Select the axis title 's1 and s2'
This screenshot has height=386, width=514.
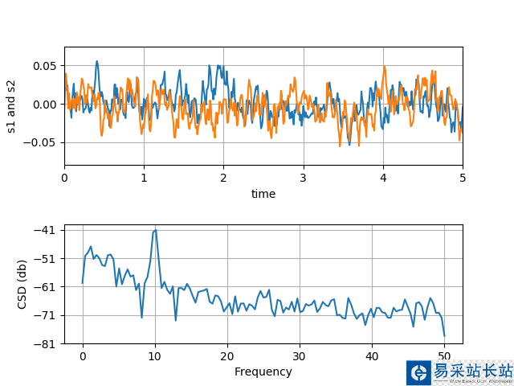click(x=11, y=106)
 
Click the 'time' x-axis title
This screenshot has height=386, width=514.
click(x=263, y=194)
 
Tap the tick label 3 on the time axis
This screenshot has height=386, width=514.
click(x=304, y=178)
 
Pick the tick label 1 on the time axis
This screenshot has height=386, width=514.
click(x=145, y=178)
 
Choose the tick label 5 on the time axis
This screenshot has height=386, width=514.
click(x=463, y=178)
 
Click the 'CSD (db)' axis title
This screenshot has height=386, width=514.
click(x=22, y=286)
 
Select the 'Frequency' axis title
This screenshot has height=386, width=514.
click(x=263, y=372)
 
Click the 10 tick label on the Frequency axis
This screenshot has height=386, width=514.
click(x=155, y=355)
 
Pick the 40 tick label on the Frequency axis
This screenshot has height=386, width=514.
click(x=372, y=355)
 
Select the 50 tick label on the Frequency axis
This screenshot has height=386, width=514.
click(x=444, y=355)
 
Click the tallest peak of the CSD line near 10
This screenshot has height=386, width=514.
click(x=155, y=230)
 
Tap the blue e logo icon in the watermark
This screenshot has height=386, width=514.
click(x=418, y=372)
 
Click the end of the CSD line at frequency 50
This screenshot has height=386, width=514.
click(x=444, y=335)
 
